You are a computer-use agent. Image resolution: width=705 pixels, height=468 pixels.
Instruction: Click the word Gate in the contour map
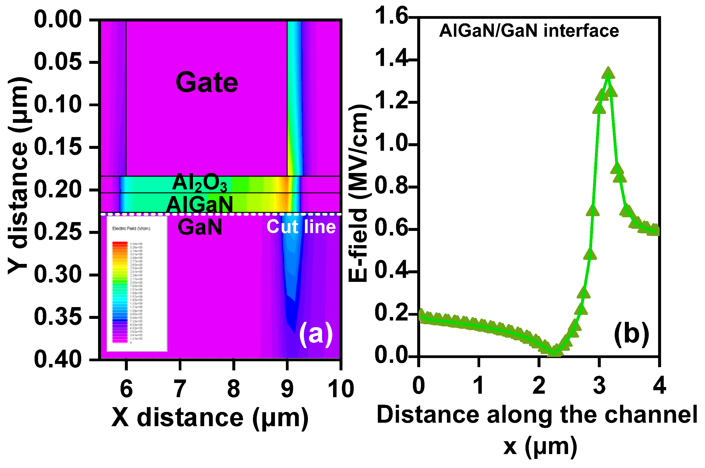[x=207, y=82]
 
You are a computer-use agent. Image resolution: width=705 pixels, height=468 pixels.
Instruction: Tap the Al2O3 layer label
[x=200, y=183]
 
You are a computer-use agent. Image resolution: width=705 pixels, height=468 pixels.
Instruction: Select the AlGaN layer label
[x=199, y=205]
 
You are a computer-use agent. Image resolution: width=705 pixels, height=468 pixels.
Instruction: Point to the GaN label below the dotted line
[x=200, y=227]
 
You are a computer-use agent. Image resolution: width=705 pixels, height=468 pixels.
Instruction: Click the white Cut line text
[x=301, y=227]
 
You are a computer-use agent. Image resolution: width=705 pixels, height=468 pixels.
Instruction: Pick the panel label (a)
[x=315, y=334]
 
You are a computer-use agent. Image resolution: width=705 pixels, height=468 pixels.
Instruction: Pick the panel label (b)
[x=631, y=333]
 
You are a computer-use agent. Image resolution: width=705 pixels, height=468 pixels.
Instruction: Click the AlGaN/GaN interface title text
[x=529, y=31]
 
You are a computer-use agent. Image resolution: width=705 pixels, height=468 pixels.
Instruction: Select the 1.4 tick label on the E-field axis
[x=391, y=58]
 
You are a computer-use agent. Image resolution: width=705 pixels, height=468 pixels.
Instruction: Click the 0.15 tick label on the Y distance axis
[x=58, y=147]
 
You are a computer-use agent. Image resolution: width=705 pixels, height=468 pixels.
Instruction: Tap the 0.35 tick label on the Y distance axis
[x=58, y=317]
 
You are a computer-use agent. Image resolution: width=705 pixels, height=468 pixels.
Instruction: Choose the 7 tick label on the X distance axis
[x=180, y=389]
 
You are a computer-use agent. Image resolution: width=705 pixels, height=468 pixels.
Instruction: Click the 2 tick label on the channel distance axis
[x=539, y=385]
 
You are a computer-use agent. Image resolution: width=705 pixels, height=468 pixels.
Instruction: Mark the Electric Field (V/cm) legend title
[x=131, y=229]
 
